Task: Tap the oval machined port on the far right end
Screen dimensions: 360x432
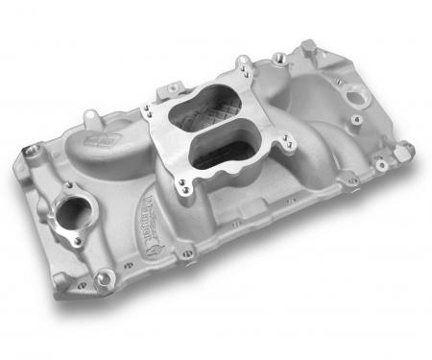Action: click(357, 96)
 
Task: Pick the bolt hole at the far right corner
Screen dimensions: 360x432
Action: click(404, 146)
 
